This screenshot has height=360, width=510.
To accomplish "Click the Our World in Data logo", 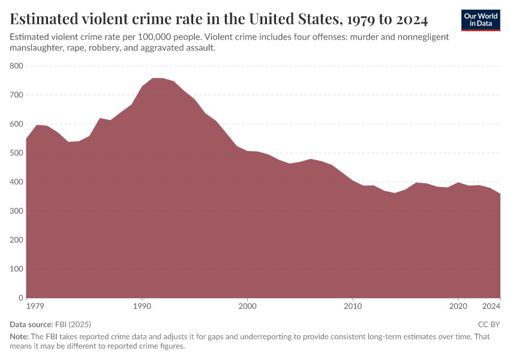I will pos(481,20).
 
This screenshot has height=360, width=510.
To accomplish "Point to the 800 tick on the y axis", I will pos(16,66).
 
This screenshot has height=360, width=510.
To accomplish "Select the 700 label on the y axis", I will pos(16,95).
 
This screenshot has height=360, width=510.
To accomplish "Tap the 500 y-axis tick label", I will pos(16,153).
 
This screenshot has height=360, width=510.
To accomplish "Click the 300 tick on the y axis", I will pos(16,211).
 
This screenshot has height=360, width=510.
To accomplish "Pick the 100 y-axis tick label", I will pos(16,269).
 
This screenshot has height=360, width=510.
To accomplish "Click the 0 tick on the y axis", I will pos(20,298).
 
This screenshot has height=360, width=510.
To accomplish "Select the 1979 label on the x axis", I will pos(27,307).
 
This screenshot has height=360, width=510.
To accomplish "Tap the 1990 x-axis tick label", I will pos(142,307).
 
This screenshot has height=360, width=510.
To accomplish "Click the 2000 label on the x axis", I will pos(247,307).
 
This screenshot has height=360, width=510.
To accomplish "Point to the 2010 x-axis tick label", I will pos(353,307).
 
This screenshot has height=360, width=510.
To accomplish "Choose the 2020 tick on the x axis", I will pos(458,307).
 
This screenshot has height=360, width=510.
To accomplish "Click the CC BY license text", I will pos(488,325).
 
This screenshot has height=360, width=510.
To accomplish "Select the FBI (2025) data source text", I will pos(73,325).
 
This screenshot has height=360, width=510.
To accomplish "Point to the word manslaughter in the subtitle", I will pos(40,47).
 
